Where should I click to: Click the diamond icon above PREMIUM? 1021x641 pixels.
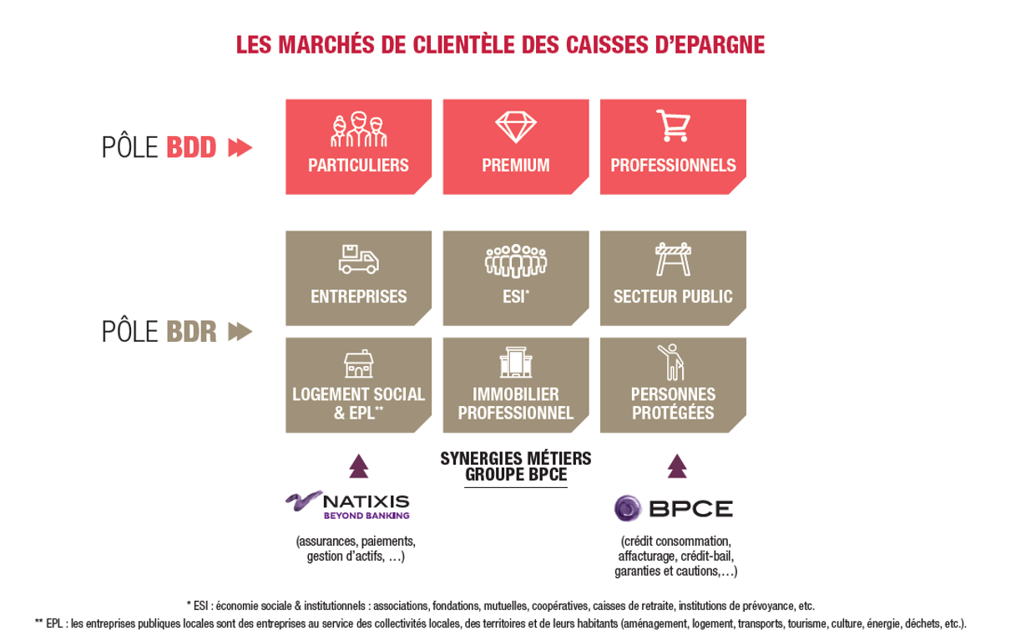516,127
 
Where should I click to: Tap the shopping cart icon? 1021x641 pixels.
673,125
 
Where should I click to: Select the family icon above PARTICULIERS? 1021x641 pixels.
359,129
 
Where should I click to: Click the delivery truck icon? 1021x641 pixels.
358,259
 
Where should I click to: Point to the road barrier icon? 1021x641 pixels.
673,259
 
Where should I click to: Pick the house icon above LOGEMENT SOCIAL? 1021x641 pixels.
358,364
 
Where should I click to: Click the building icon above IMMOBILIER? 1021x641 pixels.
516,362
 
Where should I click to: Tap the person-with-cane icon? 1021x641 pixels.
671,362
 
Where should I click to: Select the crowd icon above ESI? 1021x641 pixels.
516,261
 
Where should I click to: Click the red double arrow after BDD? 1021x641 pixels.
240,147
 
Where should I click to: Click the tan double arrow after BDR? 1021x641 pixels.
240,332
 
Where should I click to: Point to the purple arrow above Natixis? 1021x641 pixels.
359,465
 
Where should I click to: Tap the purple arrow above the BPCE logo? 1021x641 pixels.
677,465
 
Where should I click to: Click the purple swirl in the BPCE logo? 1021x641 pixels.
628,508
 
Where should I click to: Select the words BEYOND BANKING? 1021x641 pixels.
366,516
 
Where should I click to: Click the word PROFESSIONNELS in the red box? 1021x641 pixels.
673,165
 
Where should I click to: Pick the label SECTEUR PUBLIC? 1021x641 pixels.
673,297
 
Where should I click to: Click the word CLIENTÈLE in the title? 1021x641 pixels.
463,44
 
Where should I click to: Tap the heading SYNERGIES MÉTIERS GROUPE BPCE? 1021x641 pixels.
516,466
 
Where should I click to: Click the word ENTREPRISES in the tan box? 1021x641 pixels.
359,297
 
